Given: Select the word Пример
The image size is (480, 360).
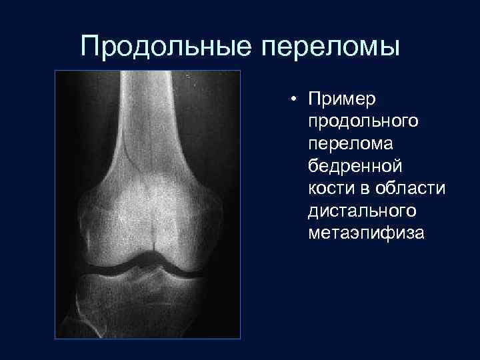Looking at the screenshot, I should tap(339, 99).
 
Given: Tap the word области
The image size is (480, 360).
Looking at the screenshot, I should tap(408, 189).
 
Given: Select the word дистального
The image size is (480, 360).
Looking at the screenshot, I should tap(363, 211).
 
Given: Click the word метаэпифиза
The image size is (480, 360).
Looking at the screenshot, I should tap(366, 233).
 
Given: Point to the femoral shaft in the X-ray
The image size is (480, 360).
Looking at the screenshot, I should tap(148, 113).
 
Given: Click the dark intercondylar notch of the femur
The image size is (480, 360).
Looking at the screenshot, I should tap(154, 254).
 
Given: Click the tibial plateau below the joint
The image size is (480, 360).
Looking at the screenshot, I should tap(147, 293).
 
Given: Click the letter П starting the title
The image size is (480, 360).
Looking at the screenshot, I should tap(89, 47).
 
